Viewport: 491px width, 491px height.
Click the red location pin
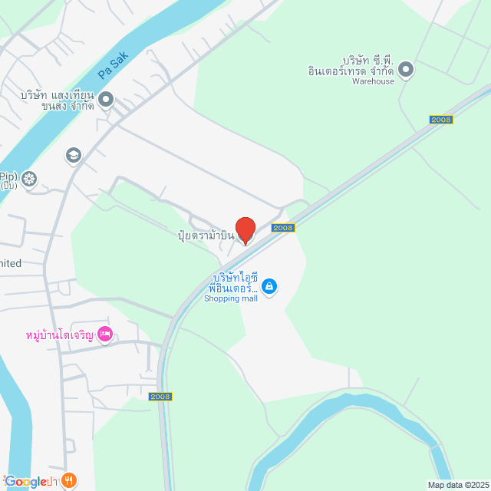point(245,229)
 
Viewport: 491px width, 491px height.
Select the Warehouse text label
point(374,81)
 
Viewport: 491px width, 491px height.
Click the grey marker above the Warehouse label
point(406,71)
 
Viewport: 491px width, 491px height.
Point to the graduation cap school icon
point(74,156)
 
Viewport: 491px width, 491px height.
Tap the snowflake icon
point(29,180)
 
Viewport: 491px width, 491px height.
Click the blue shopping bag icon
point(269,287)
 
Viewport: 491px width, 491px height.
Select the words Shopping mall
point(231,298)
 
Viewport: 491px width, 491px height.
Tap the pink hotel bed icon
point(106,334)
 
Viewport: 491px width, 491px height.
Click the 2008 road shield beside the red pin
point(283,228)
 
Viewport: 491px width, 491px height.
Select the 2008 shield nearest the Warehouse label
point(441,120)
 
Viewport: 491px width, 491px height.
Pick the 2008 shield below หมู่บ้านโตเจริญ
point(160,397)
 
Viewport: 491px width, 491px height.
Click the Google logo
point(26,482)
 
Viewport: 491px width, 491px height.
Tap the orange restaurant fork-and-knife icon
point(69,481)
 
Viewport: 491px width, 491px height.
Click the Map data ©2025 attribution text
point(457,485)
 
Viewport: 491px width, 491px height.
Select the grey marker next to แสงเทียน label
point(106,99)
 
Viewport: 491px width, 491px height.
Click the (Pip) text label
point(8,176)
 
